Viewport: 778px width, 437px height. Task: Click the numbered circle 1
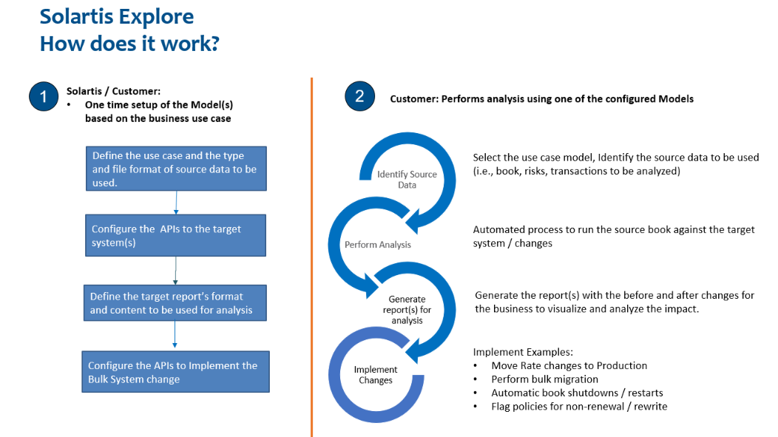(43, 97)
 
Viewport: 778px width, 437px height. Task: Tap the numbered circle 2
(359, 97)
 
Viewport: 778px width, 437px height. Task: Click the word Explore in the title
(155, 16)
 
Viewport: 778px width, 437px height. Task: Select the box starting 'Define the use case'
(175, 169)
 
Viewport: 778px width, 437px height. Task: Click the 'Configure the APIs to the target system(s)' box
(175, 235)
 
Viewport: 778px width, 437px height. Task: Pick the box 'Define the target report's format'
(175, 303)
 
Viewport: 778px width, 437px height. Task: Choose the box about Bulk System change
(175, 372)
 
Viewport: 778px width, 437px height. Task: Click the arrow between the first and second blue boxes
(177, 203)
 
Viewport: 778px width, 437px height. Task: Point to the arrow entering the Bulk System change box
(175, 336)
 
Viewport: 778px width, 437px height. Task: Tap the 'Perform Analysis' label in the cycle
(378, 244)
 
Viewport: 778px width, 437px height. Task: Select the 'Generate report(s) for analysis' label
(407, 310)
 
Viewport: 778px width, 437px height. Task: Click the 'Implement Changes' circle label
(376, 375)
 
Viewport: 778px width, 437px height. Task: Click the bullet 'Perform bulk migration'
(535, 379)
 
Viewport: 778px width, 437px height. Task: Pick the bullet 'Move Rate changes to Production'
(569, 365)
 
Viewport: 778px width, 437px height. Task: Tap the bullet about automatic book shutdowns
(577, 393)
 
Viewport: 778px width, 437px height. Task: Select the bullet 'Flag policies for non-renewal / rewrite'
(579, 406)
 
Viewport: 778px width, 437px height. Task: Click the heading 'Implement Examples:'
(523, 352)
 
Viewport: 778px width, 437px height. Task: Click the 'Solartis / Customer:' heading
(113, 91)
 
